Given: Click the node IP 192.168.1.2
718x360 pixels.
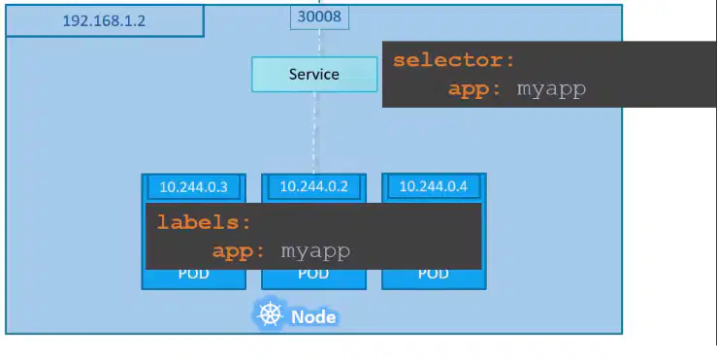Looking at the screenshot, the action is [104, 20].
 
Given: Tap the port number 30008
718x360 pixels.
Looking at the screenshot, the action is [319, 16].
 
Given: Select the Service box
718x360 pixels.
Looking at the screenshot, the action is [314, 74].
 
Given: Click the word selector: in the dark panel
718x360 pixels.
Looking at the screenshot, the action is [454, 60].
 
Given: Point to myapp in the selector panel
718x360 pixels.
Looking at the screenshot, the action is [551, 89].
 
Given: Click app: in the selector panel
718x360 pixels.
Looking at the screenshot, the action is [474, 89].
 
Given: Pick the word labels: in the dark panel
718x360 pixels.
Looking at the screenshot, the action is [204, 222].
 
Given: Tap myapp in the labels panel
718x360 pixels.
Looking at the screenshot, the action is [315, 251].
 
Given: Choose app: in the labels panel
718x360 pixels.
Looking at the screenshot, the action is [239, 251].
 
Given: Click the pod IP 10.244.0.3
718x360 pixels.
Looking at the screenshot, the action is [194, 187].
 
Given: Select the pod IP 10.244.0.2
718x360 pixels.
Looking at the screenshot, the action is [313, 186].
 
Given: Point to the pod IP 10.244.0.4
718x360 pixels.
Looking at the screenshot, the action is [434, 186].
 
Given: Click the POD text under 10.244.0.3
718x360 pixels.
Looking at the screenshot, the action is [194, 274].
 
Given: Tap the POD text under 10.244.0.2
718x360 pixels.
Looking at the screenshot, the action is [313, 274].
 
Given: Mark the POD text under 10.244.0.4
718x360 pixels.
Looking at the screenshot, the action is [434, 274].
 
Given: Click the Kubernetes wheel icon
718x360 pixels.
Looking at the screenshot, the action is [270, 314].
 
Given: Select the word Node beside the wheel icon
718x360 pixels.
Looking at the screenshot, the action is [313, 317].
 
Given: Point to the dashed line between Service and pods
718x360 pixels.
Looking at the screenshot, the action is [314, 133].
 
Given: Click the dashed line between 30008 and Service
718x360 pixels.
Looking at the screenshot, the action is [319, 44].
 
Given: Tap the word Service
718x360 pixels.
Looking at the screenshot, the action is [314, 74].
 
